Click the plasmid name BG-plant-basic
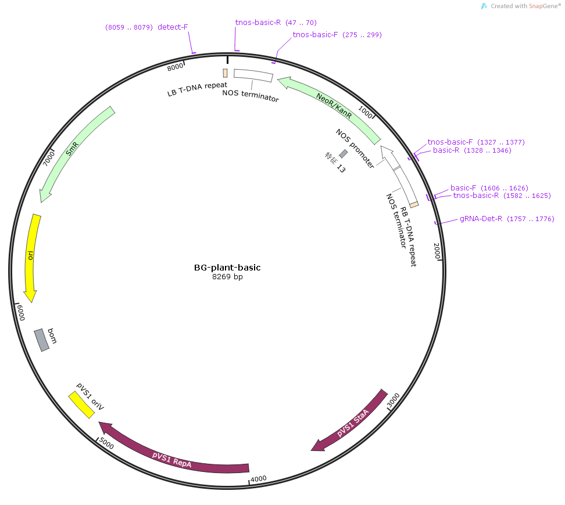(x=227, y=268)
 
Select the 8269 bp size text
(x=227, y=277)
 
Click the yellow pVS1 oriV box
(x=81, y=405)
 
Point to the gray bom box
(x=41, y=340)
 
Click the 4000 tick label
(x=259, y=479)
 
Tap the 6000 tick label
(x=21, y=312)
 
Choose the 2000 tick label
(x=437, y=251)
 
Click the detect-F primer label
(x=173, y=27)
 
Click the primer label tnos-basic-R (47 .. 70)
(x=276, y=22)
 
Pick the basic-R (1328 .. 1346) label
(x=472, y=150)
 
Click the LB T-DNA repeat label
(x=197, y=89)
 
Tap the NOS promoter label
(x=355, y=148)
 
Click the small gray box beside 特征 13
(x=344, y=154)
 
